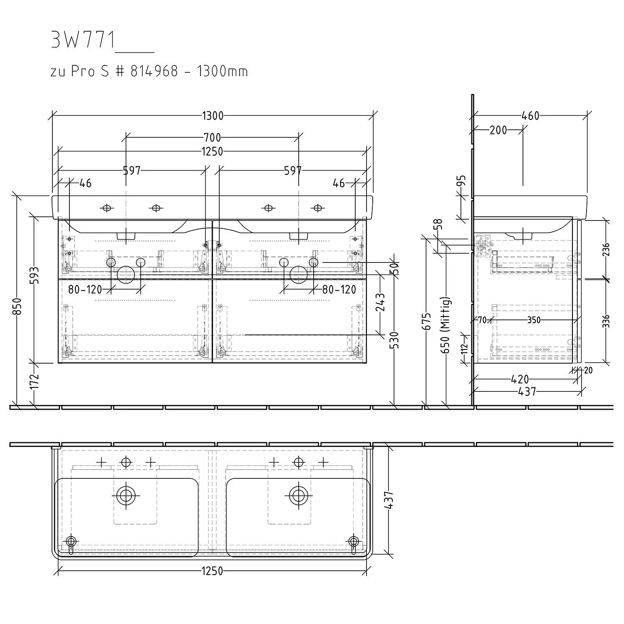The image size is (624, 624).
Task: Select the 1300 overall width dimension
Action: pyautogui.click(x=213, y=116)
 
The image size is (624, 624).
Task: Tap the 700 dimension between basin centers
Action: pyautogui.click(x=212, y=137)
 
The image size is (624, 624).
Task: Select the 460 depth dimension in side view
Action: pyautogui.click(x=530, y=116)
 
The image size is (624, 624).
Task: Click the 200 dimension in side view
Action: pyautogui.click(x=498, y=130)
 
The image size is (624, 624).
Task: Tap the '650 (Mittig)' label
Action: pyautogui.click(x=446, y=326)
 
